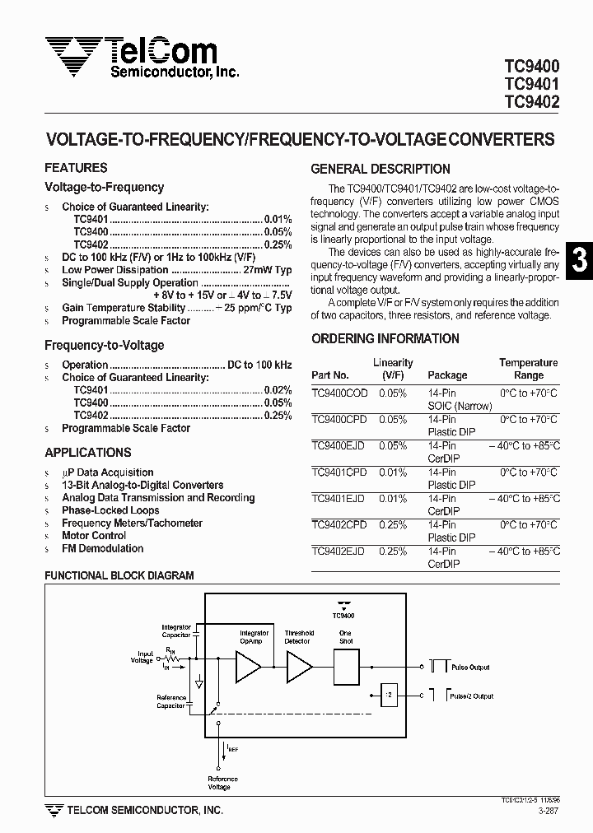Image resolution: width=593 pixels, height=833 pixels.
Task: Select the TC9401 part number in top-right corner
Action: click(x=531, y=85)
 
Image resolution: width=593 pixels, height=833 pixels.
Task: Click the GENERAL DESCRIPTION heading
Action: click(x=380, y=170)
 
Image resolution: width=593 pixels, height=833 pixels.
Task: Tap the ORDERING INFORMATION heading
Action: click(x=385, y=339)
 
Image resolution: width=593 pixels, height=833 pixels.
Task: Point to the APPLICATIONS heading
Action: click(x=87, y=453)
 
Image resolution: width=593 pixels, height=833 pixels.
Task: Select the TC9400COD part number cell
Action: click(x=339, y=393)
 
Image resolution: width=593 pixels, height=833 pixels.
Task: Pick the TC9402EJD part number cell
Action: click(x=339, y=551)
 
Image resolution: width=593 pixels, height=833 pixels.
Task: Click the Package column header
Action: click(x=446, y=375)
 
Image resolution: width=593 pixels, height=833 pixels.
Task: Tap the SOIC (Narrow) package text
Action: click(x=460, y=406)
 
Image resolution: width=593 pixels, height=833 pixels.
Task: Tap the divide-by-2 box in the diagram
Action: click(x=388, y=696)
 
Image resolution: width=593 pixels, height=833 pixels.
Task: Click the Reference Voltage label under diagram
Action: click(x=222, y=783)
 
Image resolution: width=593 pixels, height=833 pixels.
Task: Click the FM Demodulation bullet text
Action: click(x=102, y=549)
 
